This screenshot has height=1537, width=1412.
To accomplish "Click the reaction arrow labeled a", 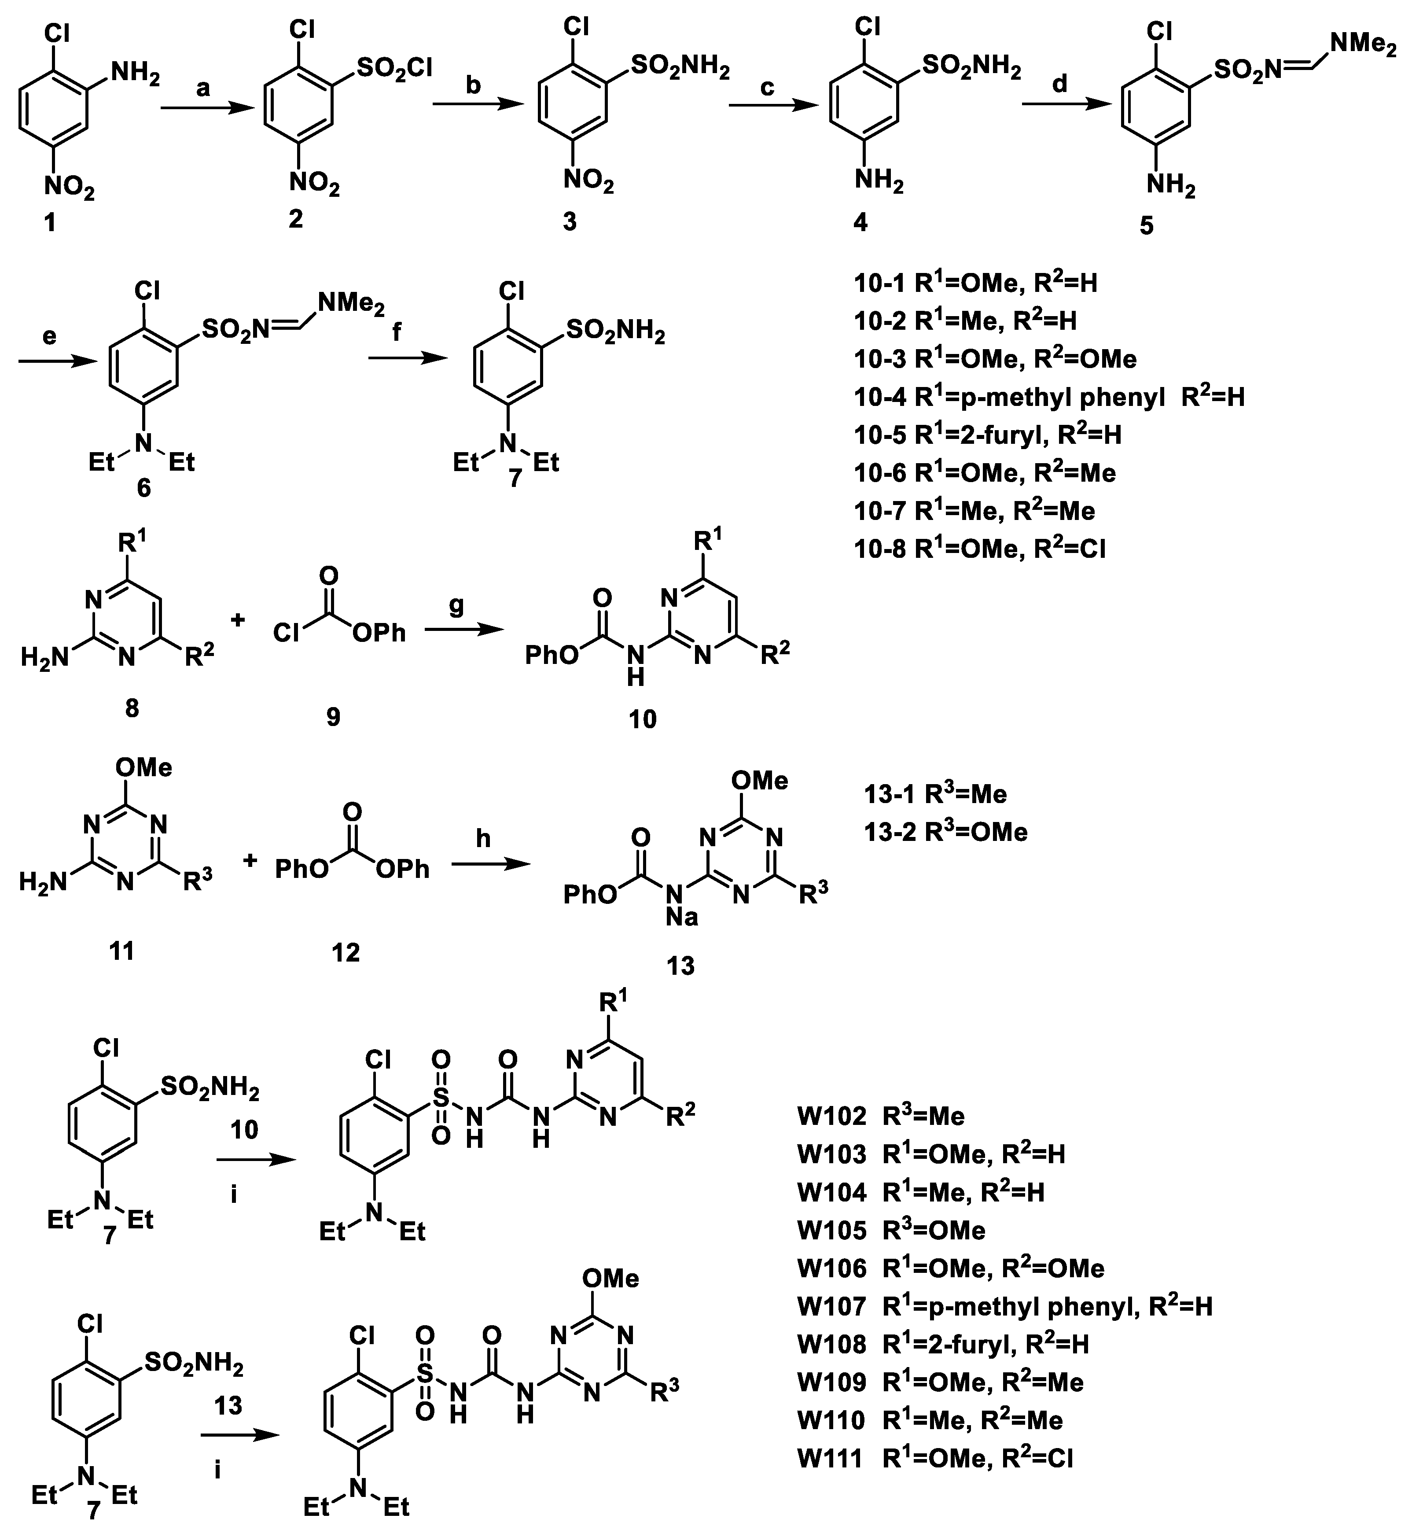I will (206, 109).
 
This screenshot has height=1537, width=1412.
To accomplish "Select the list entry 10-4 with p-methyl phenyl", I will (1049, 397).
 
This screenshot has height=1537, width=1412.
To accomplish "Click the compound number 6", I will (143, 487).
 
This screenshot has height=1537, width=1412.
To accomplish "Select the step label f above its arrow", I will (394, 333).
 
